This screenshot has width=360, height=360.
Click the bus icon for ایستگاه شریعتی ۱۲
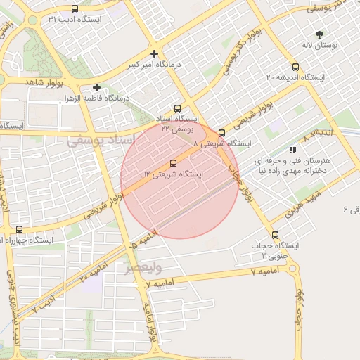(174, 163)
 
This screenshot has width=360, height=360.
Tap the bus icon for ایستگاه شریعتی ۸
(222, 133)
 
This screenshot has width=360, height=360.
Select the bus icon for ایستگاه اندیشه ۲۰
(295, 67)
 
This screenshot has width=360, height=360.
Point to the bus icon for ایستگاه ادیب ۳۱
(75, 9)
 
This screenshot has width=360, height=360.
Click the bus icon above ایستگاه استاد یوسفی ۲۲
(177, 109)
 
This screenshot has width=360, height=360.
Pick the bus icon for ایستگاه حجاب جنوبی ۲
(274, 236)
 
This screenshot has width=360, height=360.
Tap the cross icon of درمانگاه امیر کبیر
(155, 53)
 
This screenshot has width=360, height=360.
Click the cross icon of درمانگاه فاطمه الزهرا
(96, 88)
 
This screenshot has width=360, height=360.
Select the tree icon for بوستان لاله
(320, 34)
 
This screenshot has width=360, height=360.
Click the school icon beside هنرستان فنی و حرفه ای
(292, 150)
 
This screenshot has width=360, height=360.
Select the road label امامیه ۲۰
(91, 275)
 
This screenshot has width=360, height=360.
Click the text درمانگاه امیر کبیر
(154, 64)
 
